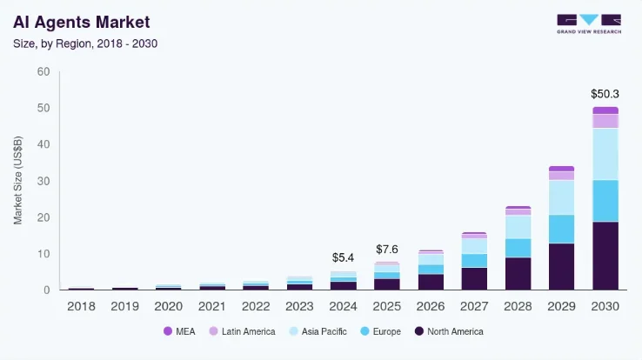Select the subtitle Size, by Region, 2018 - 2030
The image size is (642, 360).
click(84, 42)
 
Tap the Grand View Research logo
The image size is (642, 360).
click(588, 23)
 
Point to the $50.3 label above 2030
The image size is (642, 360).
click(605, 93)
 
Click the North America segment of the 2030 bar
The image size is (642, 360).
click(605, 256)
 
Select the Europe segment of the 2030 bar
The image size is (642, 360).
click(605, 201)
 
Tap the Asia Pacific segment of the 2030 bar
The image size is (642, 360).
click(605, 154)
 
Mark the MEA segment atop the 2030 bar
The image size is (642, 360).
click(605, 110)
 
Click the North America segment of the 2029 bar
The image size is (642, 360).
click(561, 266)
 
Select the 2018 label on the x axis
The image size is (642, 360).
click(81, 305)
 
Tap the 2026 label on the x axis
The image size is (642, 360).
click(431, 305)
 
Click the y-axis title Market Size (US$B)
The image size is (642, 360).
click(18, 181)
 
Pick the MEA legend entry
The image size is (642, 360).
click(179, 331)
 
